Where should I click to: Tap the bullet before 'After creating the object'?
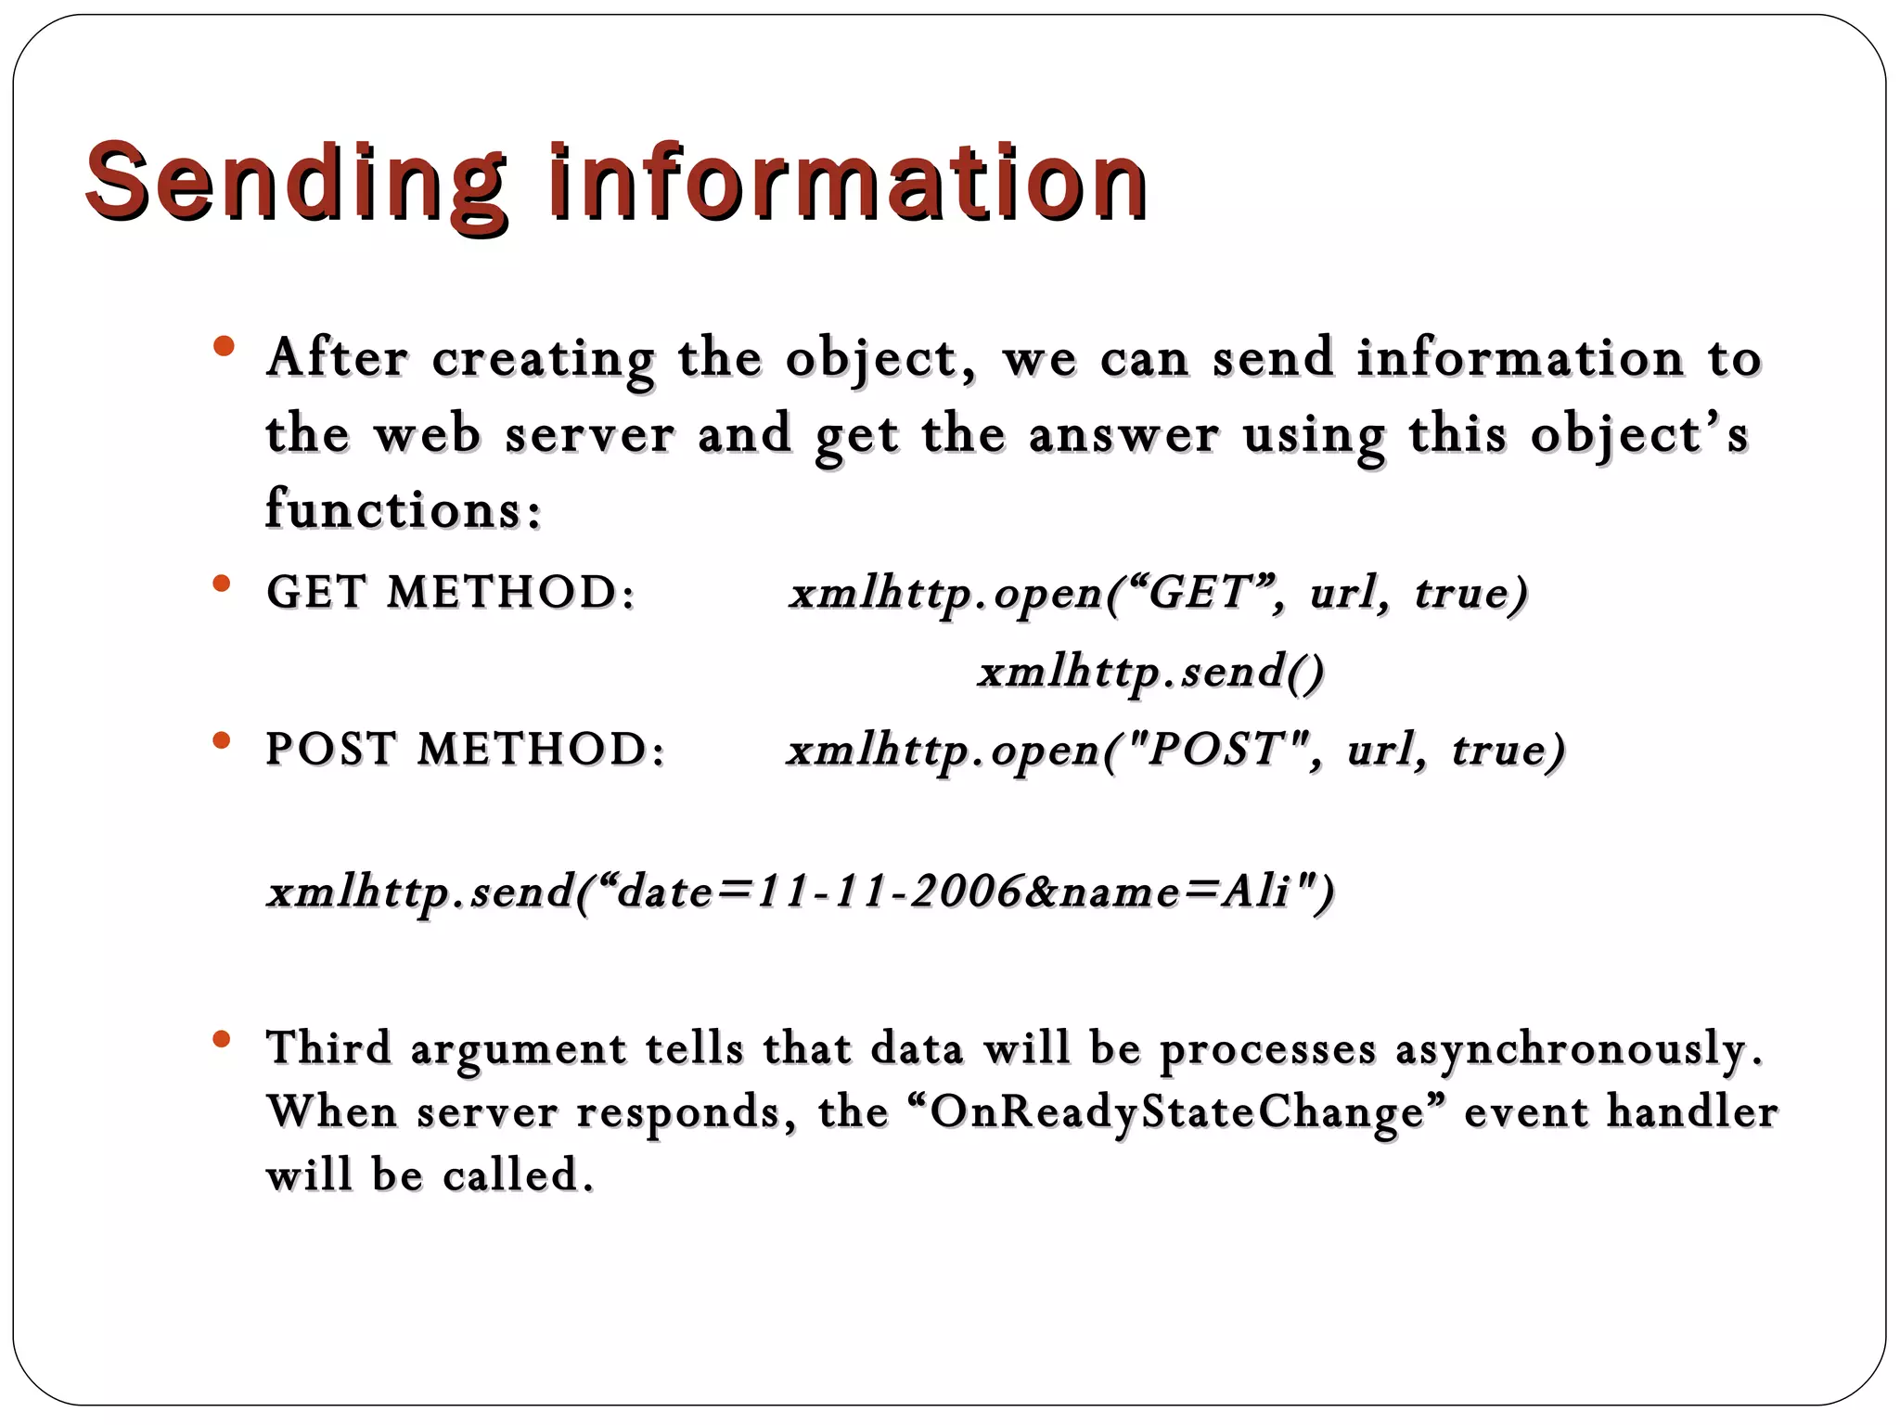pos(223,348)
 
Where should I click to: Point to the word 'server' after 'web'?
pos(589,434)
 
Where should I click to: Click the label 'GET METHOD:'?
pos(451,592)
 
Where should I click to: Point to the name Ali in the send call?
pos(1256,892)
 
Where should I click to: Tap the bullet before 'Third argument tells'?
pos(221,1039)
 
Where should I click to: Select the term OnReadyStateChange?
pos(1177,1112)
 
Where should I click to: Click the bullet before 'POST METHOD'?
pos(221,740)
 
